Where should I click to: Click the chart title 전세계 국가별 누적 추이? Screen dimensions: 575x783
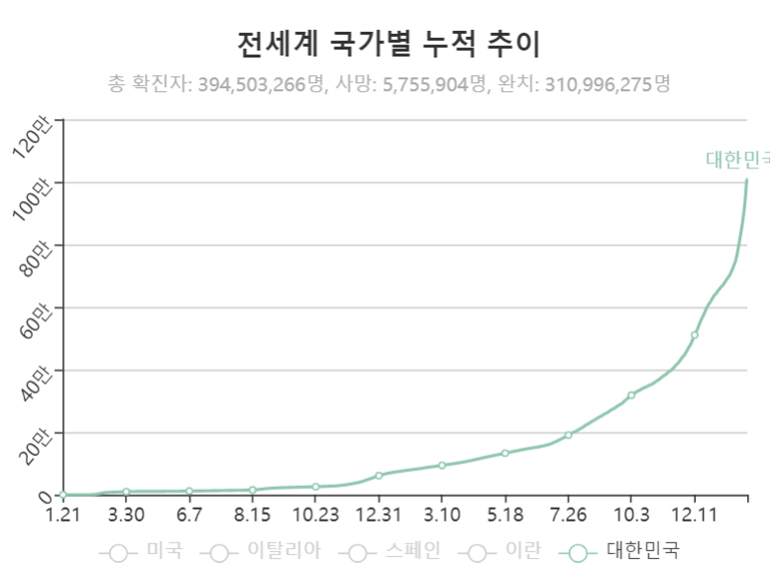pyautogui.click(x=391, y=44)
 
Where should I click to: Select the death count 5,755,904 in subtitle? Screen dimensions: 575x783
pyautogui.click(x=425, y=84)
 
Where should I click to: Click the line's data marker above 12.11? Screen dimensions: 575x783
pyautogui.click(x=694, y=335)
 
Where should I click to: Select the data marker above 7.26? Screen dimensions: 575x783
pyautogui.click(x=568, y=435)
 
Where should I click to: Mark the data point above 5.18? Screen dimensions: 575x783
pyautogui.click(x=504, y=453)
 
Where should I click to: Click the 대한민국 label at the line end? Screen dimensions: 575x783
pyautogui.click(x=737, y=159)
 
